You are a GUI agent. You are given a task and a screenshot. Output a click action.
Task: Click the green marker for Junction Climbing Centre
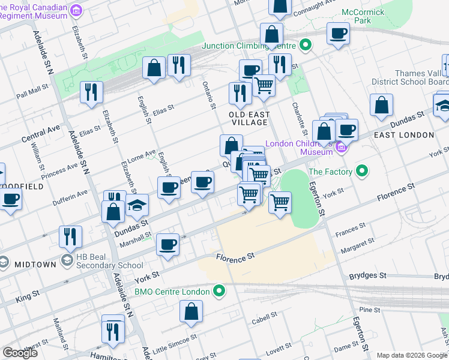click(x=306, y=45)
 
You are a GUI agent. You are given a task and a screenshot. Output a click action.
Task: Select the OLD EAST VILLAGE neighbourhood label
click(x=249, y=118)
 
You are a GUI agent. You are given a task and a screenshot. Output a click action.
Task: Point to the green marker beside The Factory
click(x=361, y=172)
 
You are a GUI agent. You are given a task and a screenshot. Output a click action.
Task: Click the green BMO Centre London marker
click(x=220, y=292)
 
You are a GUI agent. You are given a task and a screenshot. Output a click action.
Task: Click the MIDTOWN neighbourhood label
click(x=35, y=265)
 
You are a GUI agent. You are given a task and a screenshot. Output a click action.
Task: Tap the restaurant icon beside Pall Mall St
click(x=91, y=92)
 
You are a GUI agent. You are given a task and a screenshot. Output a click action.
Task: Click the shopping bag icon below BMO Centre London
click(x=191, y=311)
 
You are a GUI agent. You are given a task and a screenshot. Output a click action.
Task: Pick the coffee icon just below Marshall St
click(x=167, y=244)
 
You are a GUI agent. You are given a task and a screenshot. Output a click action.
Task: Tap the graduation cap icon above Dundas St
click(x=137, y=205)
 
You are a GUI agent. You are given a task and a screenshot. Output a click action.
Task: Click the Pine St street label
click(x=366, y=310)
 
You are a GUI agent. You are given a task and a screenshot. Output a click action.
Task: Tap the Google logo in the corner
click(x=20, y=353)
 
